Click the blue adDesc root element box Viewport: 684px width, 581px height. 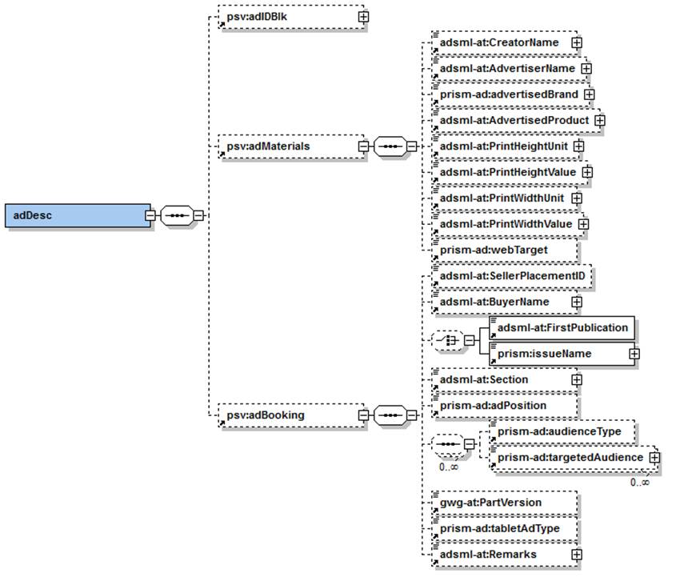pyautogui.click(x=77, y=215)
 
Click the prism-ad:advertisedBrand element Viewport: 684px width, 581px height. pyautogui.click(x=507, y=94)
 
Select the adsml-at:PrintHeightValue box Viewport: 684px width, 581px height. pyautogui.click(x=506, y=171)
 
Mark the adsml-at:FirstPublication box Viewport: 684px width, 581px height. pyautogui.click(x=562, y=327)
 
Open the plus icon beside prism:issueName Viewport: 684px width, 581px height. pyautogui.click(x=633, y=353)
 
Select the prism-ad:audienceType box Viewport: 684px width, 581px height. pyautogui.click(x=560, y=431)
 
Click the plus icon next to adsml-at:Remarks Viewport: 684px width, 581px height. pyautogui.click(x=575, y=554)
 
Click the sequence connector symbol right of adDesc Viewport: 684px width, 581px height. pyautogui.click(x=175, y=215)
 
